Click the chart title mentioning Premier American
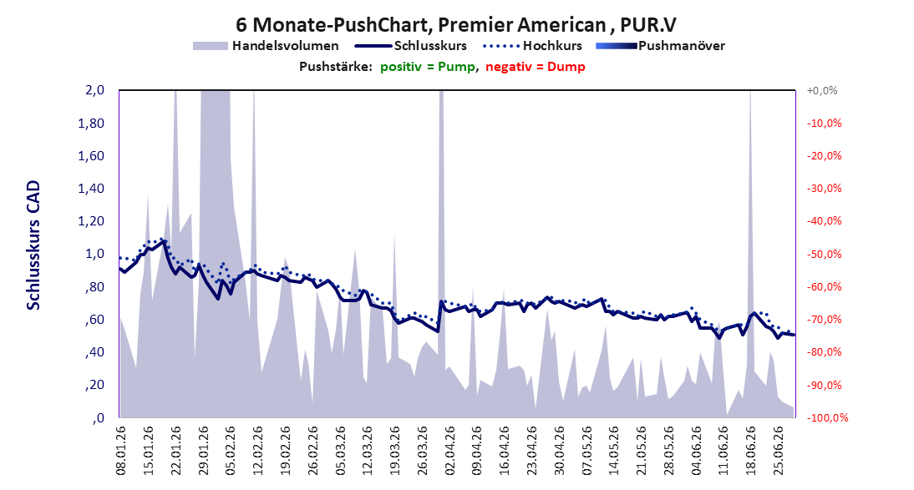click(456, 25)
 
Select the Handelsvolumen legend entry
click(266, 45)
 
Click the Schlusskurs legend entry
click(411, 45)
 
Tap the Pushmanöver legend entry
click(660, 45)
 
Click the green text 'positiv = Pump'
click(428, 67)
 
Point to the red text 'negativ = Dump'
click(535, 67)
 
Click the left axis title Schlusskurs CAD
click(33, 245)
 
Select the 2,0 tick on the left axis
click(94, 90)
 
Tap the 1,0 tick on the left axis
click(95, 254)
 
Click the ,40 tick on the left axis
click(94, 352)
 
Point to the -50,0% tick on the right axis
click(825, 255)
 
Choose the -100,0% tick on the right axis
click(827, 417)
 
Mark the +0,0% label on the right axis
click(822, 91)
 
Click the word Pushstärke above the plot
click(336, 67)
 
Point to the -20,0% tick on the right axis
click(825, 156)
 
